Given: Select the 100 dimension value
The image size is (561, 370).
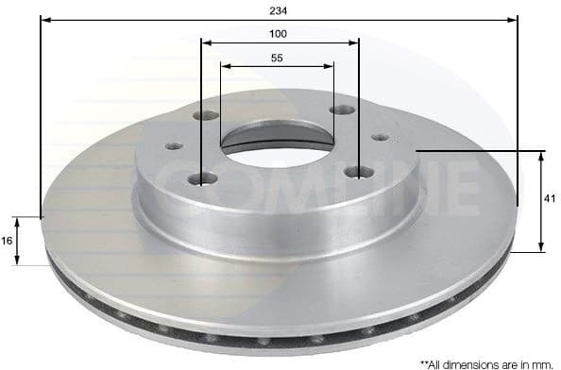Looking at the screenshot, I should pyautogui.click(x=279, y=33).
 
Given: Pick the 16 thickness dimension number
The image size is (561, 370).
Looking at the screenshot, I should pyautogui.click(x=8, y=241).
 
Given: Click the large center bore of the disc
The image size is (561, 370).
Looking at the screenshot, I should pyautogui.click(x=277, y=146).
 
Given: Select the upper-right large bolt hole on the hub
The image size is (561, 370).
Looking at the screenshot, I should pyautogui.click(x=342, y=109).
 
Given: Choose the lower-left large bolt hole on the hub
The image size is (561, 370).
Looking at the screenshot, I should pyautogui.click(x=203, y=177).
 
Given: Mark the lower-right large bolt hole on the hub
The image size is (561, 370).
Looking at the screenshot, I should pyautogui.click(x=360, y=171).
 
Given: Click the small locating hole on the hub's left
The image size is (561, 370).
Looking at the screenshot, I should pyautogui.click(x=174, y=146).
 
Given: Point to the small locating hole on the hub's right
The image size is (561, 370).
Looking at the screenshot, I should pyautogui.click(x=380, y=137).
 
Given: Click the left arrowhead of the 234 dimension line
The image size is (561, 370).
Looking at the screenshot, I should pyautogui.click(x=44, y=19).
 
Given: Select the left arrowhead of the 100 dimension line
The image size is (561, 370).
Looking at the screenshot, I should pyautogui.click(x=206, y=42).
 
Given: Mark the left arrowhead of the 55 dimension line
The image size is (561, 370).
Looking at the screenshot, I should pyautogui.click(x=225, y=66).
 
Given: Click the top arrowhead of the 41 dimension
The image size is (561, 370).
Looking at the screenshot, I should pyautogui.click(x=540, y=155).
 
